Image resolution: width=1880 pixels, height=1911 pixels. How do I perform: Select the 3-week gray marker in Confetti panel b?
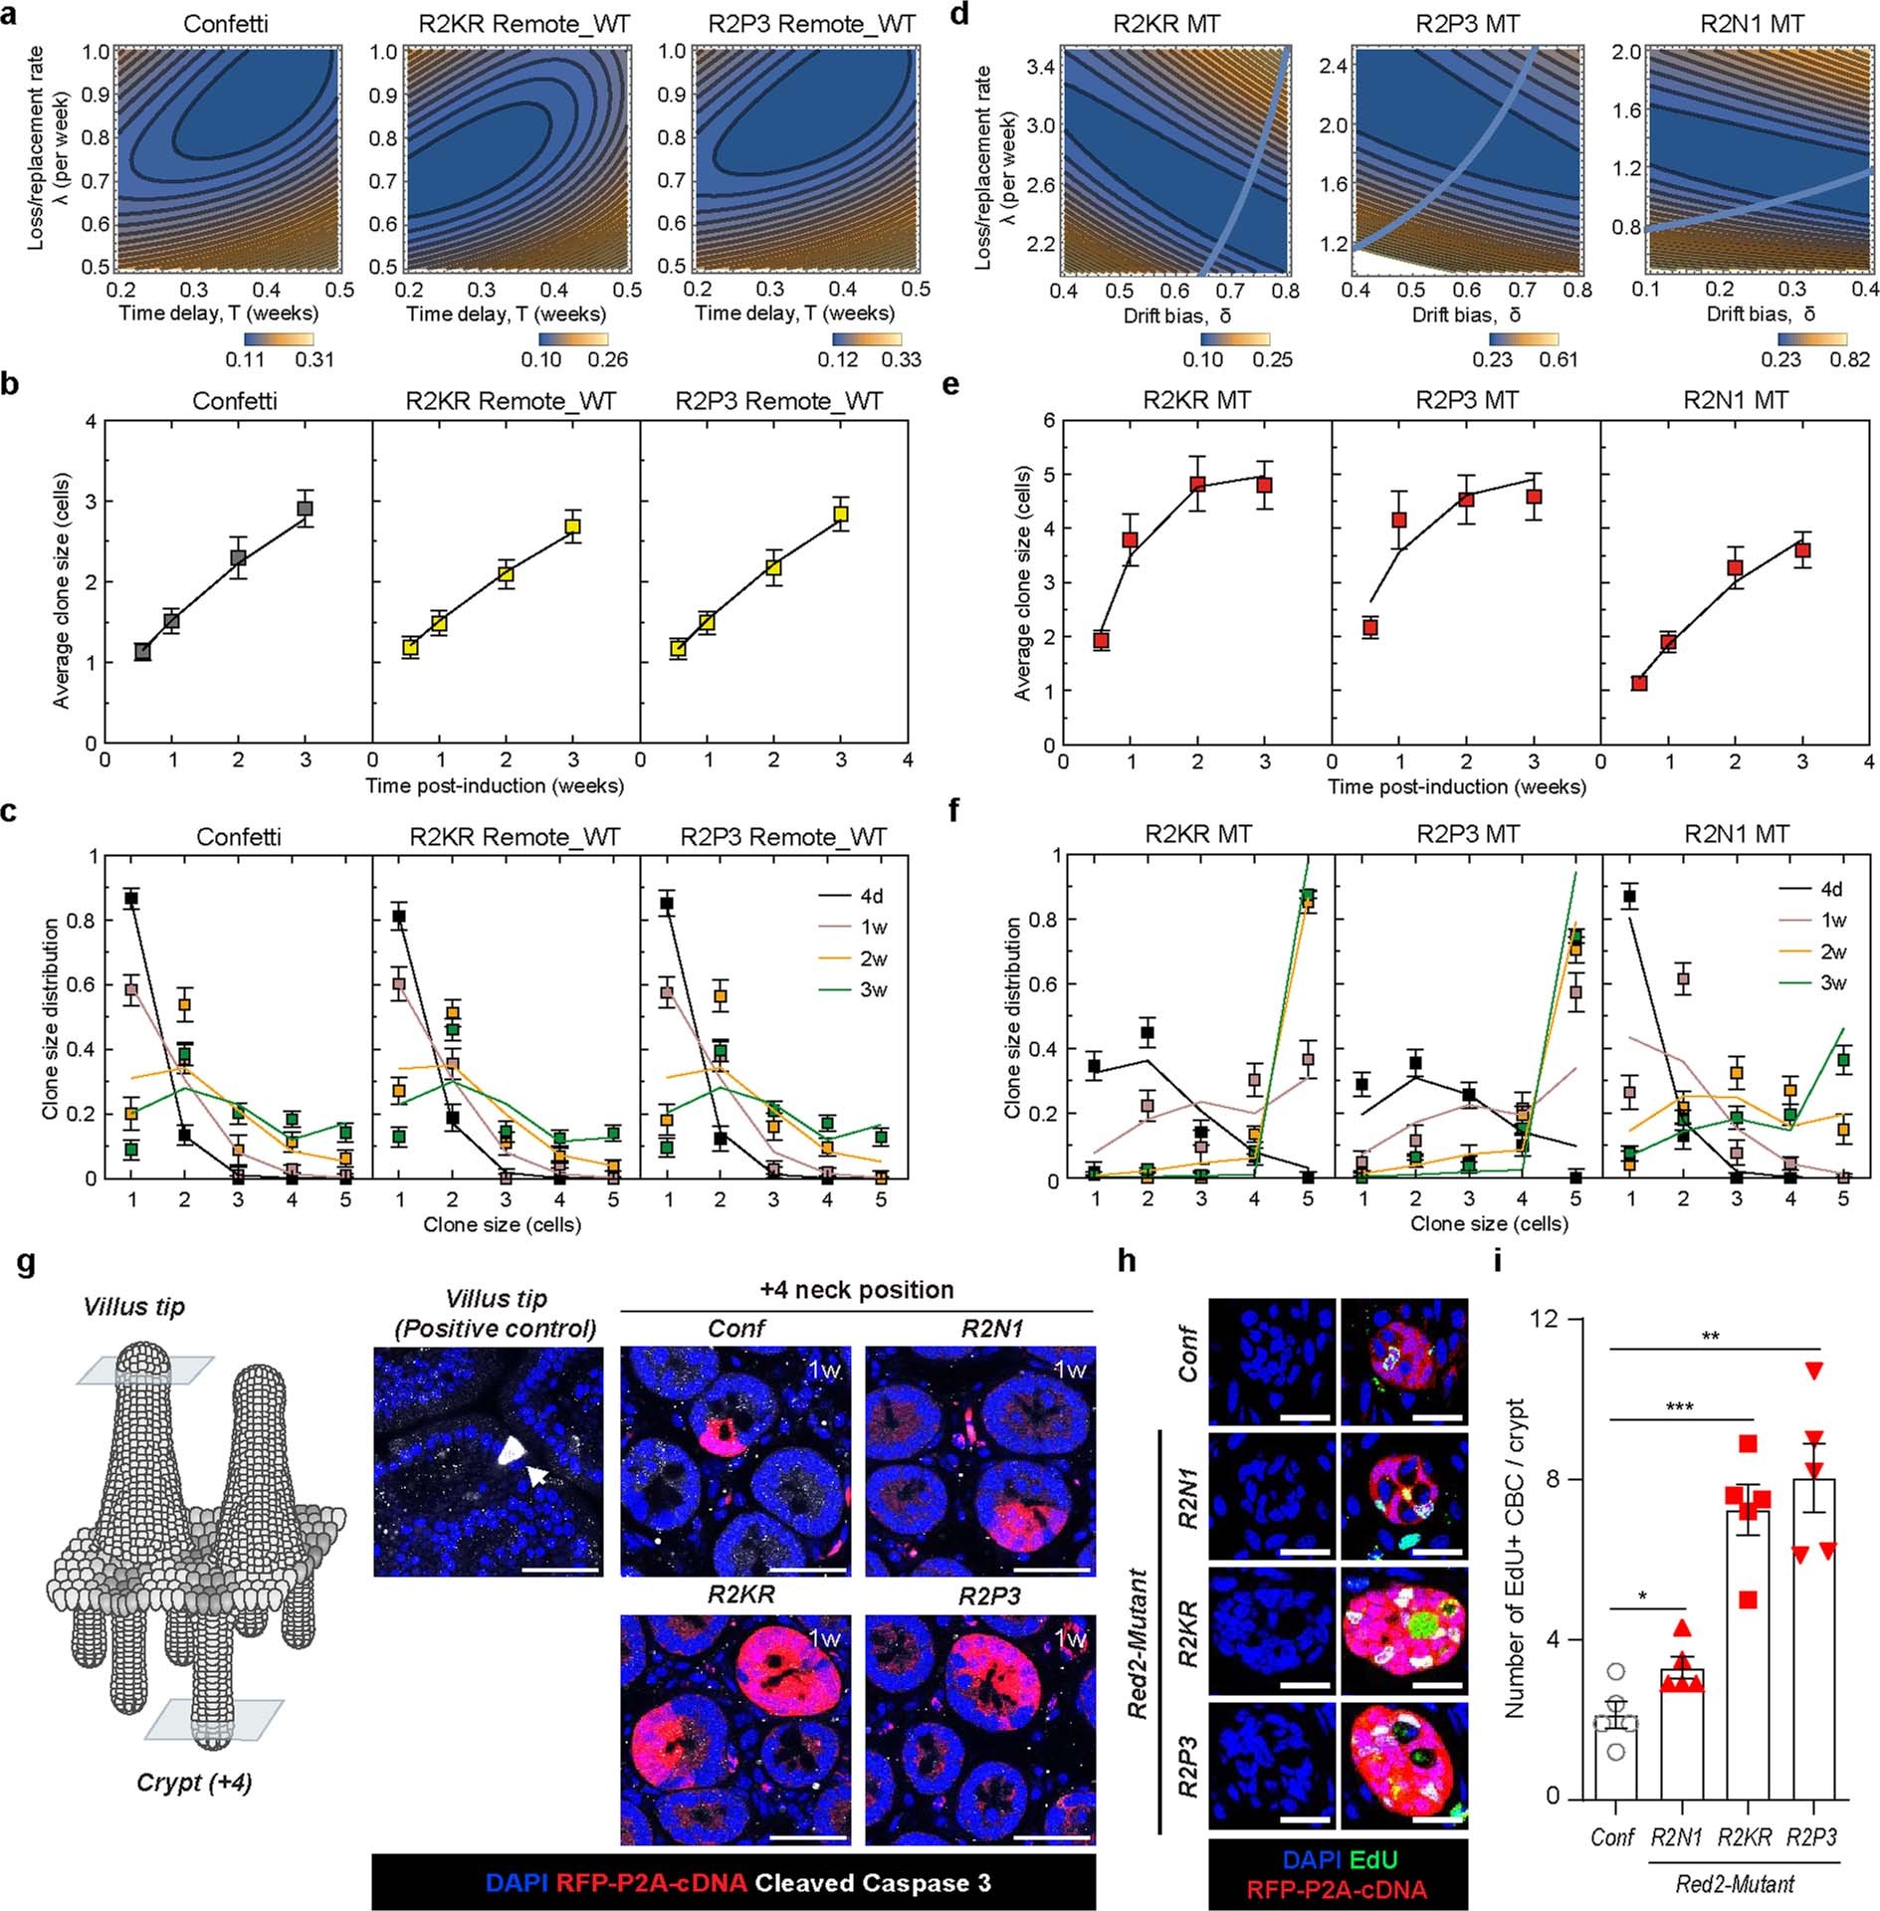pos(305,509)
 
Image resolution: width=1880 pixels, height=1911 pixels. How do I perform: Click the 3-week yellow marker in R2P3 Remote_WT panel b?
pos(841,514)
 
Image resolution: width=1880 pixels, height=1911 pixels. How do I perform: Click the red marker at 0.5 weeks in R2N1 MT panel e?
pos(1639,683)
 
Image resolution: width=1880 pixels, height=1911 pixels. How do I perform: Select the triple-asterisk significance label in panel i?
pos(1679,1407)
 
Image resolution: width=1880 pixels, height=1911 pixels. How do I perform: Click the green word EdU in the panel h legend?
pos(1373,1858)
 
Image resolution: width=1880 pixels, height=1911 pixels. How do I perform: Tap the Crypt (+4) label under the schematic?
pos(194,1782)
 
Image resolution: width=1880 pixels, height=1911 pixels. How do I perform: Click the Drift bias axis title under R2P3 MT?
pos(1466,315)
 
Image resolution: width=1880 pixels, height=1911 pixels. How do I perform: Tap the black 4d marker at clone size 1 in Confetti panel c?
pos(131,899)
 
